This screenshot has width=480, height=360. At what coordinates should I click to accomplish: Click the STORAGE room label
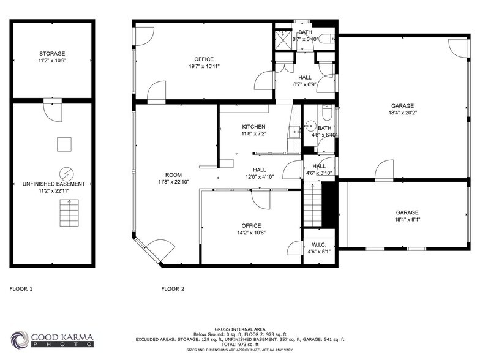(52, 54)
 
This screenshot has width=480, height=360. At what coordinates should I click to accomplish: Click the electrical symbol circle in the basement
(64, 173)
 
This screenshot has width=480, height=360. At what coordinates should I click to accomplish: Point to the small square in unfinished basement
(64, 144)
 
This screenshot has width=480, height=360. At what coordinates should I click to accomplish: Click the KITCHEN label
(253, 126)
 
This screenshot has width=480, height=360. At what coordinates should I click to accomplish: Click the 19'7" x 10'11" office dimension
(204, 66)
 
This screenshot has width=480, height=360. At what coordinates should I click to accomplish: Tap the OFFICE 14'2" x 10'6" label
(251, 229)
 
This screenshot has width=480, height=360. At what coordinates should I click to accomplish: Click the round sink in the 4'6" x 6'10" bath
(310, 122)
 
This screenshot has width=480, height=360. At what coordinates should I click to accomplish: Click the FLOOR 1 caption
(21, 288)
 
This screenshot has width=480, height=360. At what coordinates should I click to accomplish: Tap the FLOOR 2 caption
(173, 288)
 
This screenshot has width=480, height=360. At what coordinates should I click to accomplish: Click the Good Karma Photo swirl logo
(19, 340)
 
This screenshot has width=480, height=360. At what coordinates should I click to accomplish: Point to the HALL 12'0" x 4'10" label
(260, 173)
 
